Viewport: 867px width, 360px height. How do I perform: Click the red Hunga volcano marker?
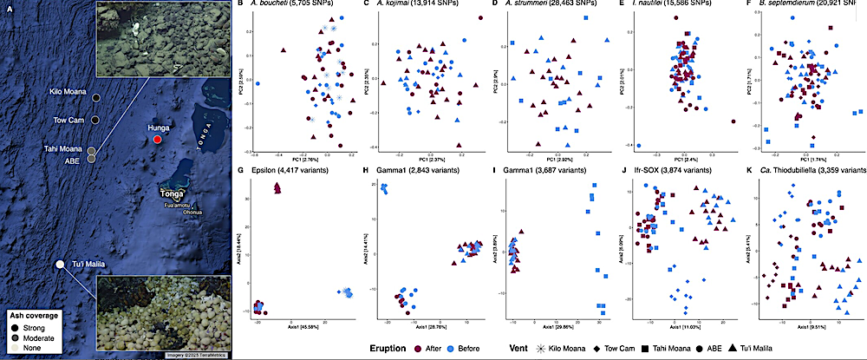[157, 139]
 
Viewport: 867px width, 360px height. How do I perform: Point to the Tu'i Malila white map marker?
[59, 264]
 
